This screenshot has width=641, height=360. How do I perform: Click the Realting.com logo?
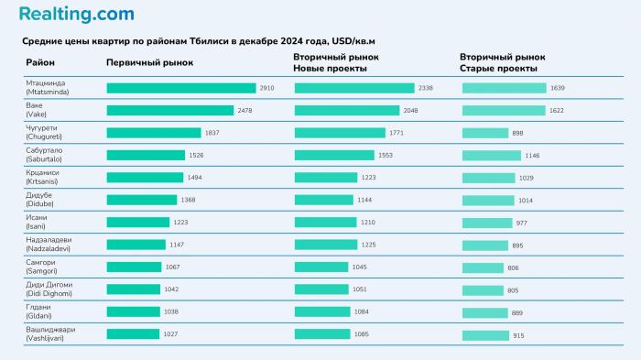click(x=76, y=14)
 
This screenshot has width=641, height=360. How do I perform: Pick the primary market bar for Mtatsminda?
click(x=180, y=88)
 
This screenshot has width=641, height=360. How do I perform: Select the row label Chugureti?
click(x=46, y=133)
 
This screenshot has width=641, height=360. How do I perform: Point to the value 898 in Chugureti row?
click(x=517, y=133)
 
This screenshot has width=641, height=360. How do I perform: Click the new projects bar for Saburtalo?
click(x=334, y=155)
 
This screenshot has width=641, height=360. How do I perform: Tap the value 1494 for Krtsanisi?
click(x=194, y=178)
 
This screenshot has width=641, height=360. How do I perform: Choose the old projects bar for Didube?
click(x=488, y=200)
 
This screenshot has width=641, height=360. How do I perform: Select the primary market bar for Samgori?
click(x=134, y=267)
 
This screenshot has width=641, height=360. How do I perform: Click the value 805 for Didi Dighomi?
click(x=513, y=289)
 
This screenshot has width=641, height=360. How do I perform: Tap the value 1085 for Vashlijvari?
click(x=361, y=334)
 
